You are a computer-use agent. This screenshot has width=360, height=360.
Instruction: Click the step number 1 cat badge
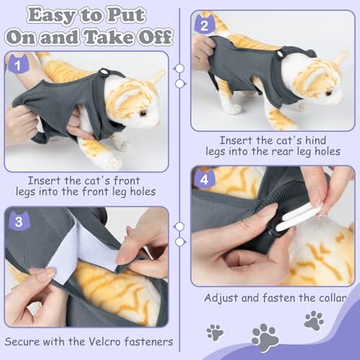(18, 64)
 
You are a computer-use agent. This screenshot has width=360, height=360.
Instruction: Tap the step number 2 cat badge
(204, 24)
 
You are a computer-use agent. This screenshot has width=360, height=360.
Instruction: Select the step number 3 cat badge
(19, 221)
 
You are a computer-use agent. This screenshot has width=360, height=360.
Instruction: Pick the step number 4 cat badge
(204, 179)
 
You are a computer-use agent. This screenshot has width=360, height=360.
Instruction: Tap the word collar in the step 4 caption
(333, 298)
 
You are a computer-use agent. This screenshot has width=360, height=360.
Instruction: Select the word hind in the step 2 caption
(315, 140)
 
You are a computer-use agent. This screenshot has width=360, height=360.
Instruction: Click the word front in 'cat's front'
(127, 181)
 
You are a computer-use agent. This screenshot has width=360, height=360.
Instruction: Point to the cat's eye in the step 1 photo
(143, 113)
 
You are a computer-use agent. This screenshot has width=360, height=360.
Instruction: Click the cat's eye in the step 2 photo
(329, 92)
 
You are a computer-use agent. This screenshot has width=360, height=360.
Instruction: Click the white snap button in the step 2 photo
(280, 54)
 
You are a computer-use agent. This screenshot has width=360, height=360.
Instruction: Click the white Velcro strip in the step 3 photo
(72, 250)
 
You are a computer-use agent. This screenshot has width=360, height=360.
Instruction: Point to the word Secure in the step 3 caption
(22, 342)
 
